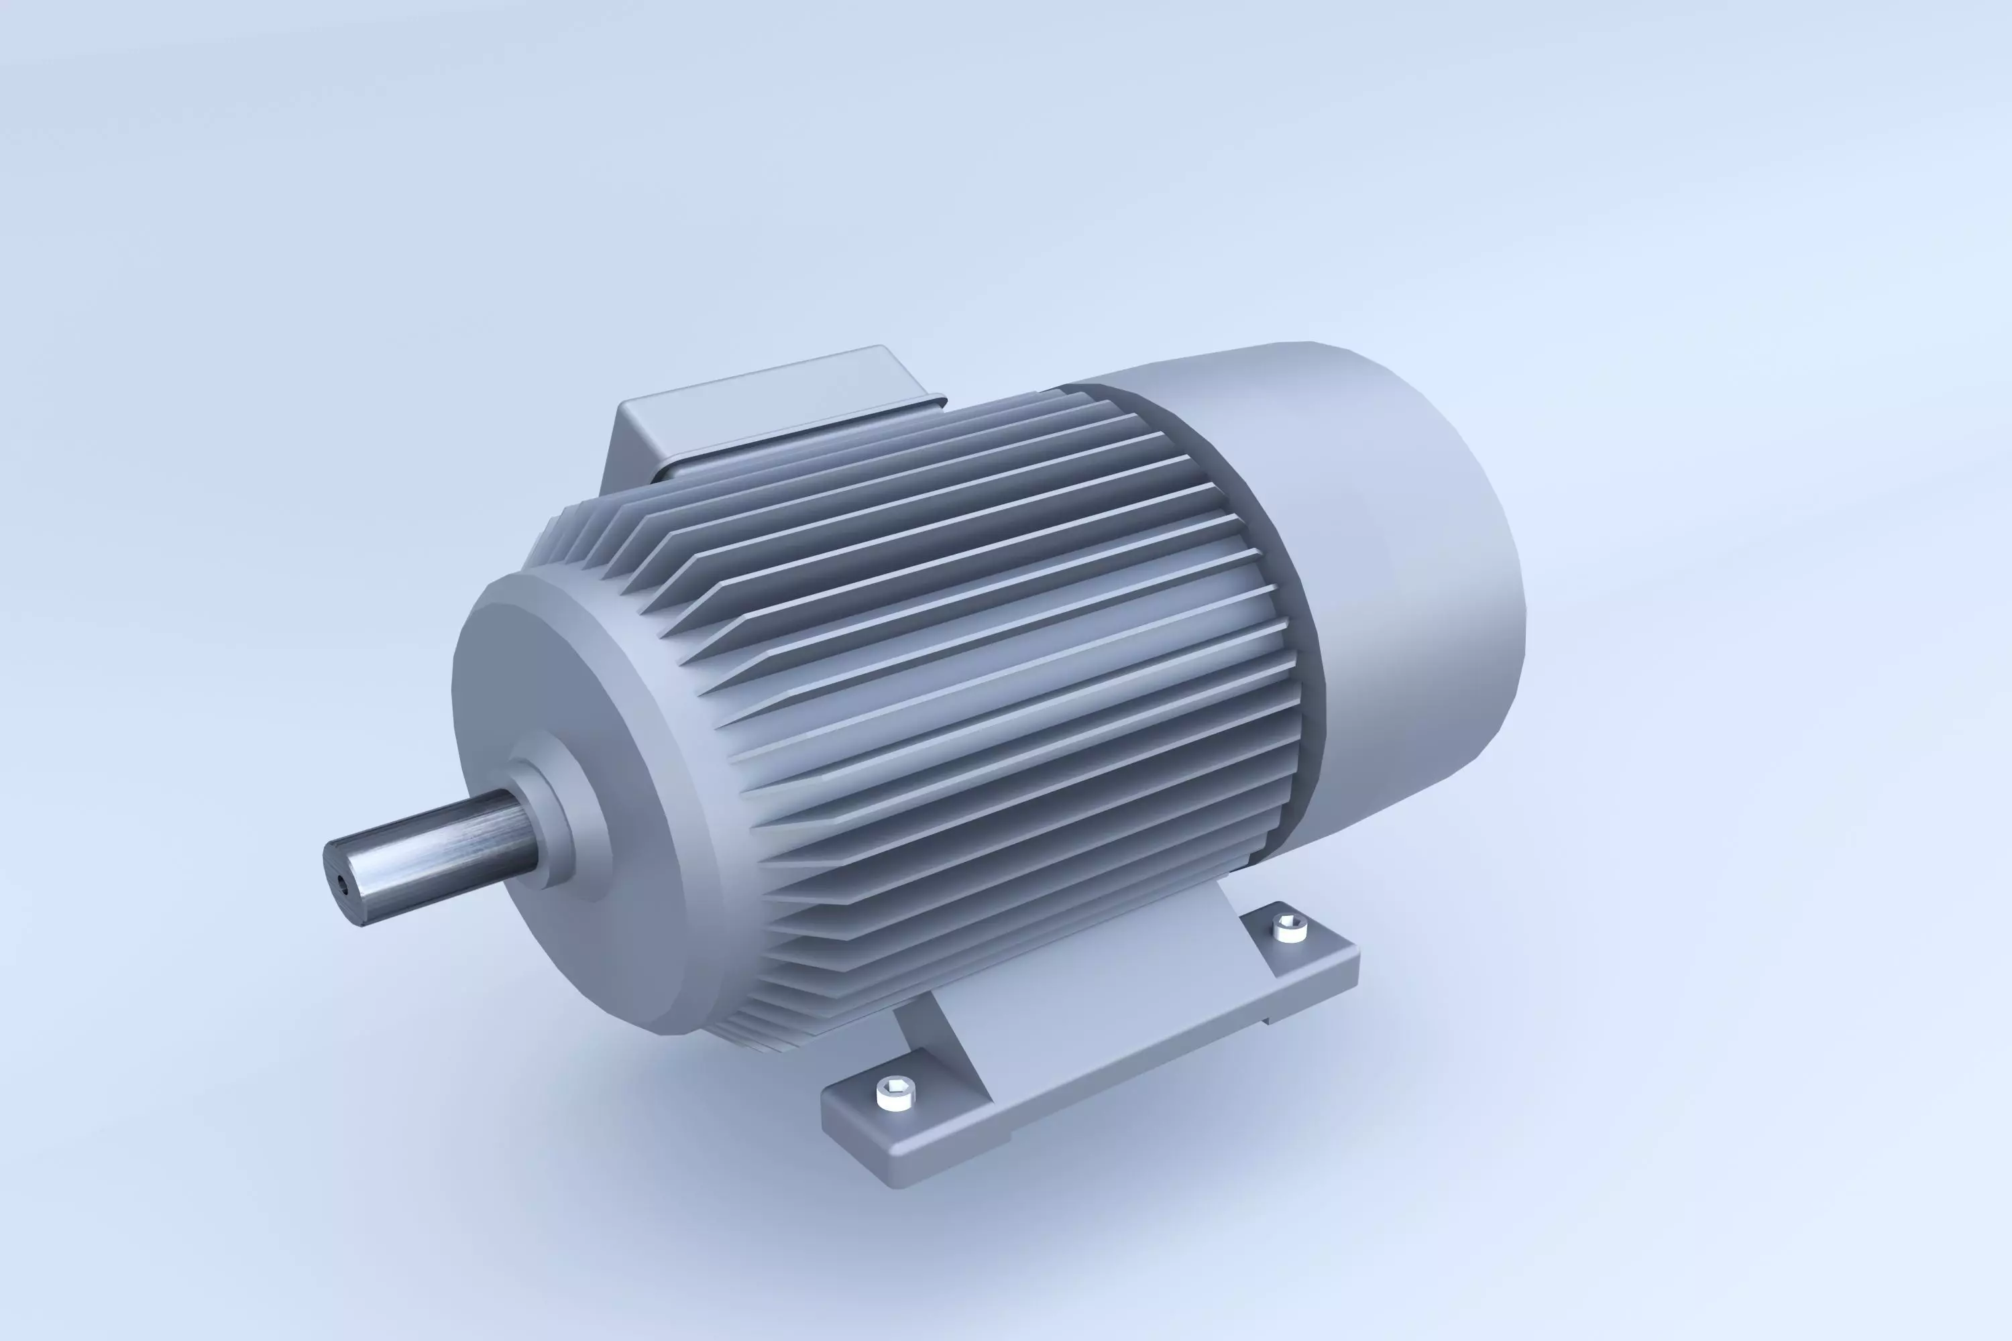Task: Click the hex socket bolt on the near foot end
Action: click(895, 1092)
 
